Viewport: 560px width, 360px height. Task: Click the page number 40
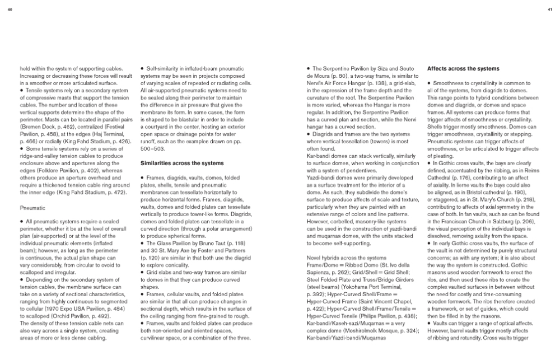pyautogui.click(x=10, y=9)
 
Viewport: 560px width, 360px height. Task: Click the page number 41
pyautogui.click(x=550, y=9)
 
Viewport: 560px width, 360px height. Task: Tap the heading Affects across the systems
pyautogui.click(x=463, y=69)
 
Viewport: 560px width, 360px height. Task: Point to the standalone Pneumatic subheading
pyautogui.click(x=31, y=207)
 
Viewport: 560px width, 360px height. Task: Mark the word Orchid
pyautogui.click(x=60, y=316)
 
